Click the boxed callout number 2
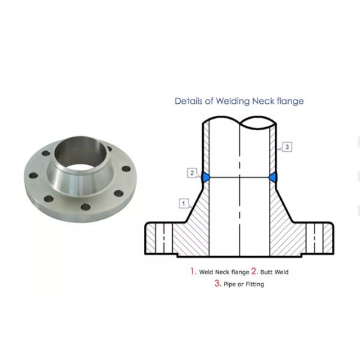[x=192, y=173]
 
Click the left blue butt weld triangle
[x=206, y=178]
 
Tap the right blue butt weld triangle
[x=273, y=178]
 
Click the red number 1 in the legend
[x=193, y=271]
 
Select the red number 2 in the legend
[x=254, y=271]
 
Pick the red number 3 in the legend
[x=217, y=283]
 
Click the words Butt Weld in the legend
[x=275, y=272]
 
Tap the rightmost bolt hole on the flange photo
[x=126, y=169]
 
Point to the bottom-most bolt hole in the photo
[x=86, y=207]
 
